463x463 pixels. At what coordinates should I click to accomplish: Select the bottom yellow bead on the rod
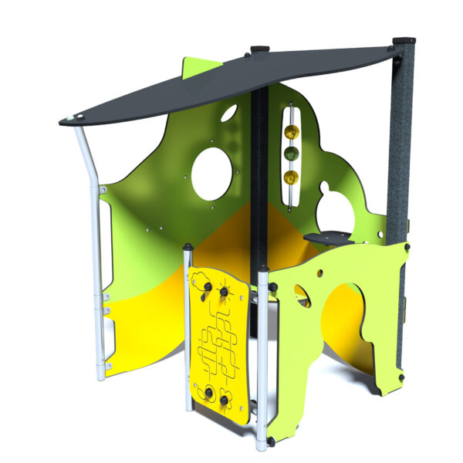pos(291,177)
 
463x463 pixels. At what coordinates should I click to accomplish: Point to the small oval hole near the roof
pos(228,115)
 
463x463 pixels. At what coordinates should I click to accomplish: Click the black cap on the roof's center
pos(259,51)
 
